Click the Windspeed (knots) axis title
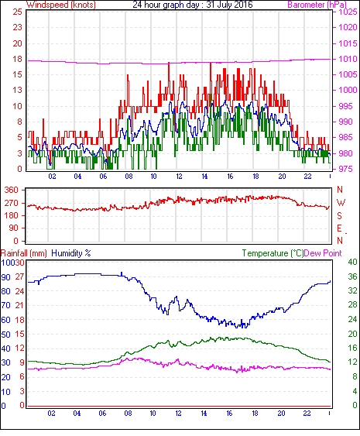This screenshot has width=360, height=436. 61,5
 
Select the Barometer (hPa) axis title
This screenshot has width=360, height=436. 317,5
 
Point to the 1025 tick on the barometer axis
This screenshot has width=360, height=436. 348,12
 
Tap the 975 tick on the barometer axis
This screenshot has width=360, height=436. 346,169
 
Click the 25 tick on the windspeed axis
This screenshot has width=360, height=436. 18,12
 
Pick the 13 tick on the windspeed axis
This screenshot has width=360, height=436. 18,90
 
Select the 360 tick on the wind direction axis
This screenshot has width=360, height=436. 12,191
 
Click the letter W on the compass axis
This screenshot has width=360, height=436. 341,203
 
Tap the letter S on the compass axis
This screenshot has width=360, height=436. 339,215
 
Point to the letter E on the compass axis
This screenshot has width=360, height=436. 339,228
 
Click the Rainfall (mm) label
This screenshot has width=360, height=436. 24,253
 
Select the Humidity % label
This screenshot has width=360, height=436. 71,253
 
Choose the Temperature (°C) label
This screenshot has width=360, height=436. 273,253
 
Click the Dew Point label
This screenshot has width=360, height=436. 323,253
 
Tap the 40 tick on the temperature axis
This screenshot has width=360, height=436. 352,262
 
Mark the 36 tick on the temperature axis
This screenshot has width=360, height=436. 352,276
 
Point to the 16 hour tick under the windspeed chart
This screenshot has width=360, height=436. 230,177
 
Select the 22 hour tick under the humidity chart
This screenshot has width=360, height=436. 307,414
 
